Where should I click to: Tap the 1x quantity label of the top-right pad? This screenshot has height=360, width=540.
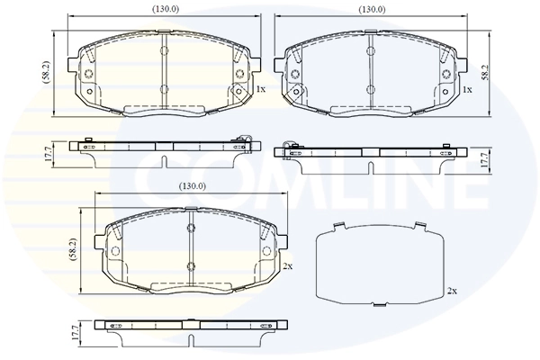coord(466,90)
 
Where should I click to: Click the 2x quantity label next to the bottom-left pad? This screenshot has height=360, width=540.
coord(287,268)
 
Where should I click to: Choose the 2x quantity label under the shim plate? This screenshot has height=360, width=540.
coord(453,291)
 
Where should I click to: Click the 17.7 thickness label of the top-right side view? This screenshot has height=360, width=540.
coord(482,159)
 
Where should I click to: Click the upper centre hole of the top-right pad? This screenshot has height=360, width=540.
coord(370,50)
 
